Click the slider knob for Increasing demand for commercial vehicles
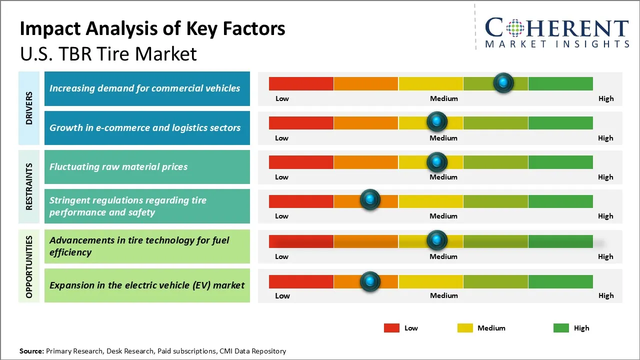[x=503, y=82]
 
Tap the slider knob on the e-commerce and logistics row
[x=436, y=121]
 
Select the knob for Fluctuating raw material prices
[x=436, y=161]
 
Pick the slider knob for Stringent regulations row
[x=370, y=200]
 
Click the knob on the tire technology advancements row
[x=436, y=240]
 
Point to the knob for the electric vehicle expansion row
[x=370, y=281]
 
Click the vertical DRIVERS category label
[x=29, y=108]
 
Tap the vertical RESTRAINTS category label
[x=29, y=186]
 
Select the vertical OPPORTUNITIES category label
[x=29, y=266]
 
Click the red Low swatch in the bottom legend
[x=391, y=328]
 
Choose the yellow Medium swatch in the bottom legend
[x=465, y=328]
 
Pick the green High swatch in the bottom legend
[x=561, y=328]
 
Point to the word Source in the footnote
[x=31, y=351]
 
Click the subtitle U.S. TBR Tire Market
[x=108, y=54]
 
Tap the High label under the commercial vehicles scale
[x=605, y=98]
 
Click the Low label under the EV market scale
[x=282, y=295]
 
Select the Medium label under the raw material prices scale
[x=443, y=177]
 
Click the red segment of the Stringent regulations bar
[x=301, y=201]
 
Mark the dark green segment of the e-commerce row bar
[x=560, y=123]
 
